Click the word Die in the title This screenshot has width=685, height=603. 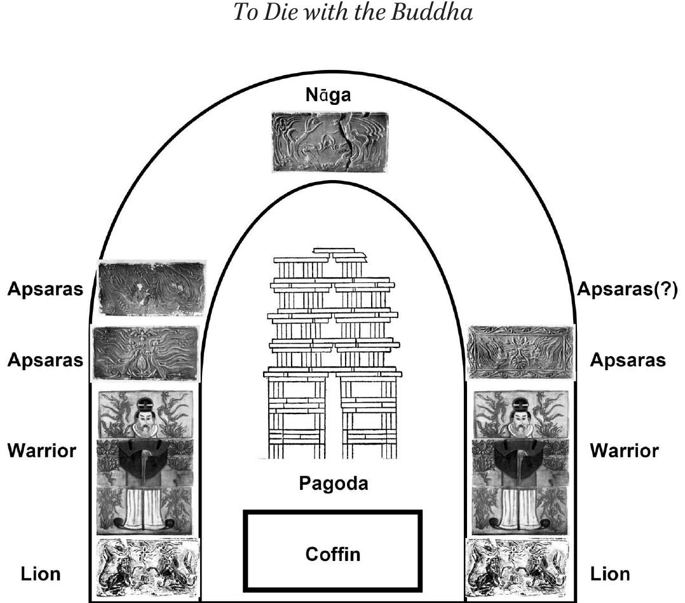[275, 13]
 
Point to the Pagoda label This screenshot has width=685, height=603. [333, 483]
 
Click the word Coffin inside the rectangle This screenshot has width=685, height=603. [333, 553]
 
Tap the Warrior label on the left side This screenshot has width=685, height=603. [41, 451]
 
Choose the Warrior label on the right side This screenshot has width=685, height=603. [624, 451]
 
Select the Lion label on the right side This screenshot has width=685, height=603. [611, 574]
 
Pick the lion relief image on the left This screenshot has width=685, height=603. [147, 567]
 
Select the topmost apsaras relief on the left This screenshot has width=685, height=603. [151, 288]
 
